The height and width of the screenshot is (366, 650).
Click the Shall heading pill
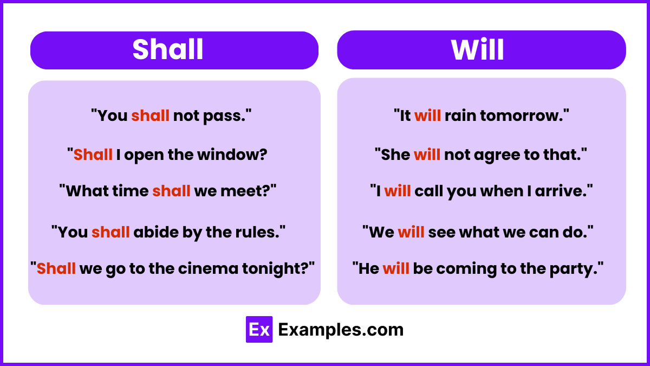tap(174, 50)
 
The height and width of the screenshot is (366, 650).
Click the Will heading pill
tap(481, 50)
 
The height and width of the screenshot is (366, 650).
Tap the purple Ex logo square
tap(259, 329)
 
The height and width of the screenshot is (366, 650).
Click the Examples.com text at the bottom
tap(341, 330)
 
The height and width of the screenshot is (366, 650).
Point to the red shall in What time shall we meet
tap(171, 191)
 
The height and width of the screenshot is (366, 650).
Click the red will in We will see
tap(411, 232)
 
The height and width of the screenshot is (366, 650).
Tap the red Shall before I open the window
tap(93, 155)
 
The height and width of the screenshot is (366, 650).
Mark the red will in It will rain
tap(427, 115)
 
